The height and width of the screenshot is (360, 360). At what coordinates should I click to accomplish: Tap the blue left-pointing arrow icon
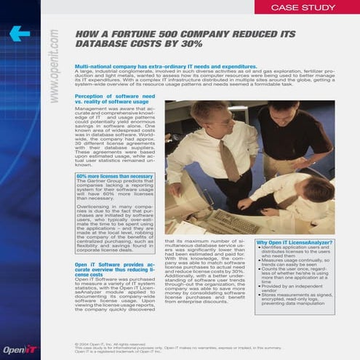[20, 33]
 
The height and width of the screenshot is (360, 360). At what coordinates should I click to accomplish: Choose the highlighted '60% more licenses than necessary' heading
[114, 175]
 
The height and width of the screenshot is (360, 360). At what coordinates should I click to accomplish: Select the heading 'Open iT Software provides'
[114, 267]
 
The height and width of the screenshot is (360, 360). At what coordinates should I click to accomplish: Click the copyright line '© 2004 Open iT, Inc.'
[109, 342]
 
